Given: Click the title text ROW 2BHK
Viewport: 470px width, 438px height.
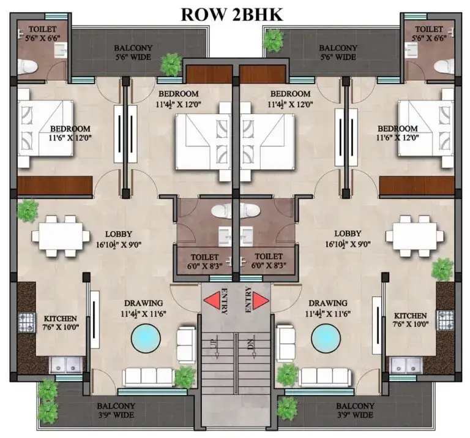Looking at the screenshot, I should tap(232, 15).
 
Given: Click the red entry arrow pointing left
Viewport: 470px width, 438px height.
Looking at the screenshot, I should tap(212, 300).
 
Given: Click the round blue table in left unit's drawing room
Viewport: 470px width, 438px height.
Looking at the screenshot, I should tap(146, 337).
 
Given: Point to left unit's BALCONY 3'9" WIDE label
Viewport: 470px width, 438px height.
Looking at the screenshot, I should tap(116, 410).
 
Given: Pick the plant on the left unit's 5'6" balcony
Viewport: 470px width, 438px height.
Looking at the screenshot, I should tap(171, 63).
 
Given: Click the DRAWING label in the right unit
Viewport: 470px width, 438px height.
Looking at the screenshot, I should tap(329, 303).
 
